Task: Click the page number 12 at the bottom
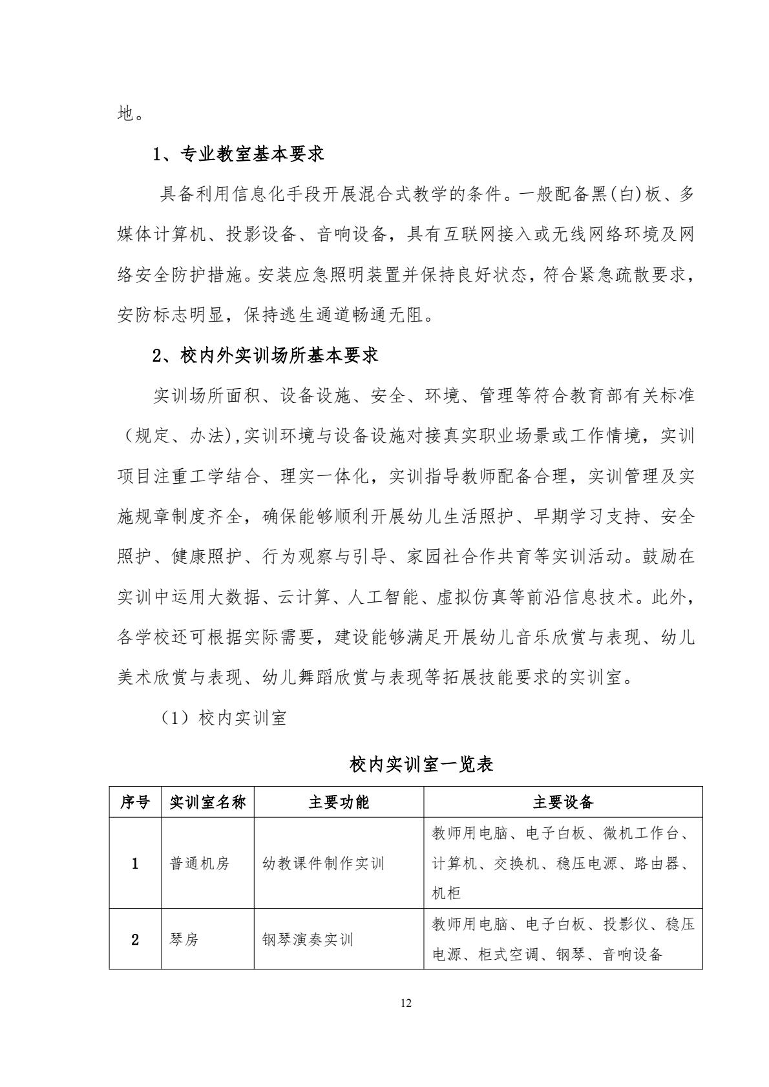click(x=406, y=1003)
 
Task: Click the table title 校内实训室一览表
click(x=421, y=765)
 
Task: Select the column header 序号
click(x=135, y=802)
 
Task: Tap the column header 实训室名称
click(x=207, y=802)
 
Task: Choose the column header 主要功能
click(x=339, y=802)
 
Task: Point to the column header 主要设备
click(x=563, y=802)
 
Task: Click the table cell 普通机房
click(x=199, y=864)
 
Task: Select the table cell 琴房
click(x=184, y=939)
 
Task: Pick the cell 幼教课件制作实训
click(x=323, y=864)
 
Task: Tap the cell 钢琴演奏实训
click(x=308, y=939)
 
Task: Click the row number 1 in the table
click(x=135, y=864)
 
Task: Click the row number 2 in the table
click(x=135, y=939)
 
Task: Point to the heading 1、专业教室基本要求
click(x=238, y=154)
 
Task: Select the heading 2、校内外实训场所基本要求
click(x=265, y=355)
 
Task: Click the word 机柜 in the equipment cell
click(x=446, y=893)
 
